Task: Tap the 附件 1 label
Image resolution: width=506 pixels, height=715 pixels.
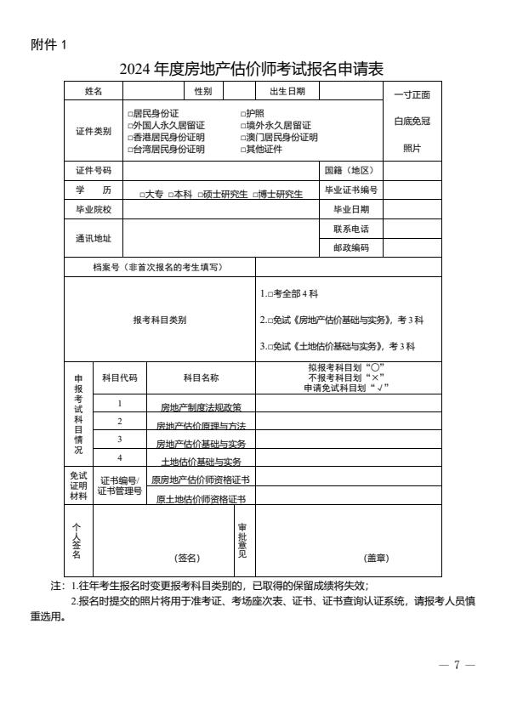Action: (x=48, y=45)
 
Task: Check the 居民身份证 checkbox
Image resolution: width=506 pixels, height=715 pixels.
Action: (x=131, y=114)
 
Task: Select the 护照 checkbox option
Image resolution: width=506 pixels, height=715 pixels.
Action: (x=243, y=114)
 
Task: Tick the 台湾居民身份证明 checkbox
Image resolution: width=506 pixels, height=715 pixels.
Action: (x=131, y=150)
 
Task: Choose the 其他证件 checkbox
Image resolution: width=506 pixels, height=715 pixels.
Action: (x=243, y=150)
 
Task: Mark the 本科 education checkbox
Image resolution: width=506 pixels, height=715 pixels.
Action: (x=170, y=195)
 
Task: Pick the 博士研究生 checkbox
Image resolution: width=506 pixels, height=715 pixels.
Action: (x=254, y=195)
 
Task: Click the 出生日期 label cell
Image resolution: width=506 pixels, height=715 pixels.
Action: (x=287, y=91)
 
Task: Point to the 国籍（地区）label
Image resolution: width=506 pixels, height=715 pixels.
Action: (x=349, y=170)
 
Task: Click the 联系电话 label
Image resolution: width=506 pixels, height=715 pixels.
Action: (x=351, y=230)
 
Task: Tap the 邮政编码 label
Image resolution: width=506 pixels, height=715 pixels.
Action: (x=351, y=248)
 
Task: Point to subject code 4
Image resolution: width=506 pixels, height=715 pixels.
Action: (x=120, y=457)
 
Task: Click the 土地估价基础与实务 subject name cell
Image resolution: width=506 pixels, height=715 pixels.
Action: (x=201, y=462)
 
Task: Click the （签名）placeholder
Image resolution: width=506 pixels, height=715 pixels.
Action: (x=187, y=558)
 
